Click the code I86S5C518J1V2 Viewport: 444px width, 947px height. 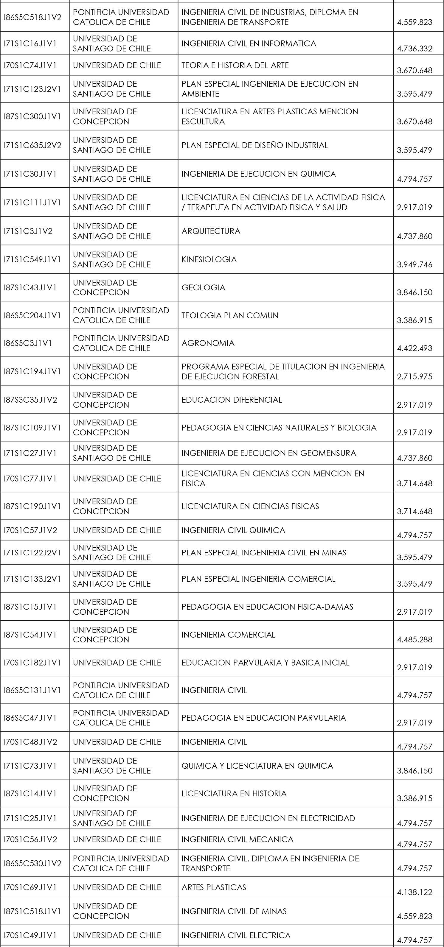tap(33, 17)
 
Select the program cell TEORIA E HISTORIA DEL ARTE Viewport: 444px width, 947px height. tap(235, 66)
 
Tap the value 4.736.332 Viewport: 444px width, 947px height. tap(414, 49)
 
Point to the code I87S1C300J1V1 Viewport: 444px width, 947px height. tap(32, 116)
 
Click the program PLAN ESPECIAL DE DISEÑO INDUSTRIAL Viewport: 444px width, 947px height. tap(254, 145)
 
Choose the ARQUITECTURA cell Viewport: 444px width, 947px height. tap(211, 231)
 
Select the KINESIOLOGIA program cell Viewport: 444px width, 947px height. tap(209, 260)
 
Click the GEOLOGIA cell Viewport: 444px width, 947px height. tap(204, 287)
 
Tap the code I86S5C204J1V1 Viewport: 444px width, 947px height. tap(32, 315)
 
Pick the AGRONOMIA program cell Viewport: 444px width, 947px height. tap(208, 343)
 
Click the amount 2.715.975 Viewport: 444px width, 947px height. tap(414, 376)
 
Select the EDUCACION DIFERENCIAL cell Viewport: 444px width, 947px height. tap(232, 400)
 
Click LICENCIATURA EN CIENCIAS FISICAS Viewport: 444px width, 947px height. tap(250, 506)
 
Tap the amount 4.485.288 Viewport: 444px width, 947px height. tap(414, 640)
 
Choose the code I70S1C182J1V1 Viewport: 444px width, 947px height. tap(32, 663)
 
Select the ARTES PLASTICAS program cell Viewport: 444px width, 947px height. tap(214, 887)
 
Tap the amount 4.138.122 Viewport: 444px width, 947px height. tap(414, 892)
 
